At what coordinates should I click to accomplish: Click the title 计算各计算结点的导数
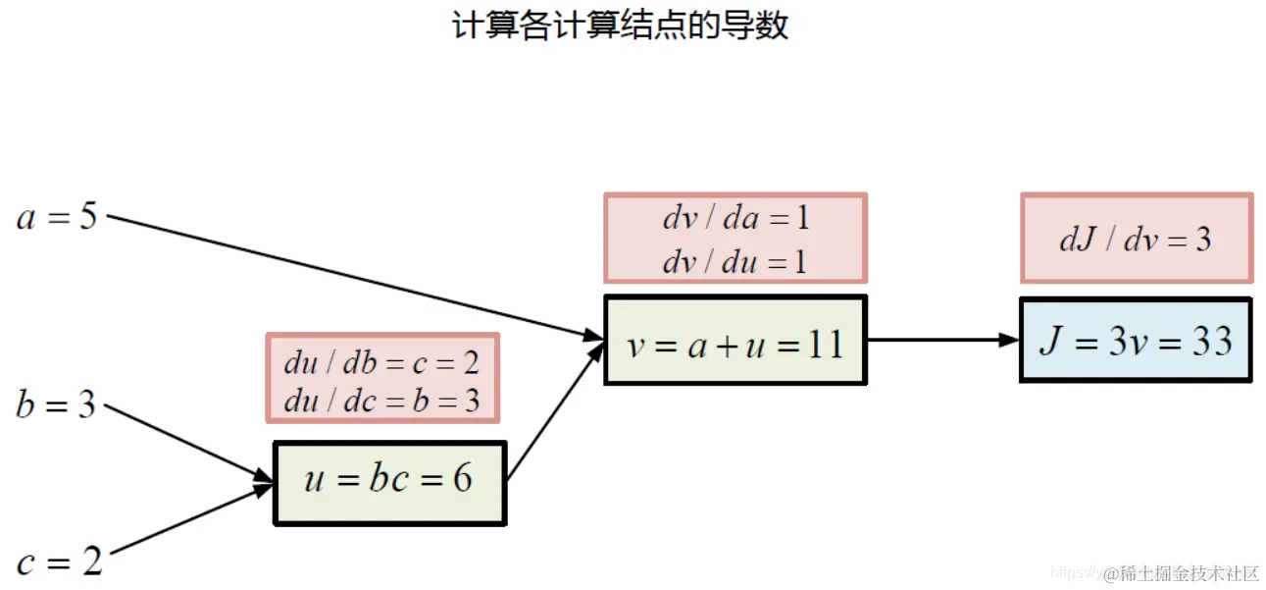click(620, 26)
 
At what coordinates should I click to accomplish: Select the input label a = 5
click(57, 216)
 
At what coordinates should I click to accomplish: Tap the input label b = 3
click(56, 404)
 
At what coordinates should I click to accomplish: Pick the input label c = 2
click(59, 563)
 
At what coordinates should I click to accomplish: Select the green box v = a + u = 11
click(735, 345)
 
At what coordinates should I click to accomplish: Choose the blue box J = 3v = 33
click(1136, 341)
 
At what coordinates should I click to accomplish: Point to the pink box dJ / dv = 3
click(1136, 239)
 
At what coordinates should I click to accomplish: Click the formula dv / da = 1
click(736, 218)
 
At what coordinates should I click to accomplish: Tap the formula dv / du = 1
click(736, 261)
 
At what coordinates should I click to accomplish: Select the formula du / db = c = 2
click(381, 363)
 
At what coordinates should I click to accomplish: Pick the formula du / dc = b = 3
click(381, 401)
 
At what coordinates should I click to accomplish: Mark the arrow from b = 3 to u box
click(186, 444)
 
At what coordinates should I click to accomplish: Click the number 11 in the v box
click(824, 345)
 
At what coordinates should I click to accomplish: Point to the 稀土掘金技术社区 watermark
click(1181, 573)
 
